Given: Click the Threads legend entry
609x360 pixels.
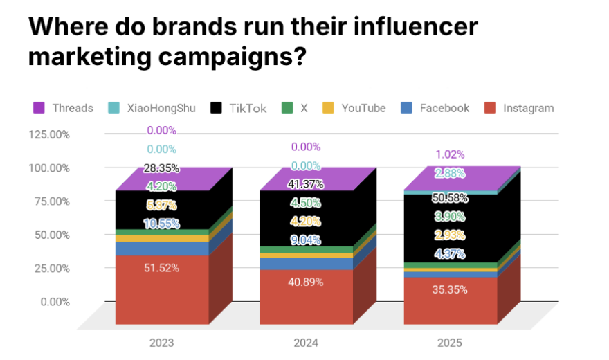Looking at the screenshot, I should (x=63, y=108).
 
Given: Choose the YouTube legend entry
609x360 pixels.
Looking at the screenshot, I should (x=354, y=108).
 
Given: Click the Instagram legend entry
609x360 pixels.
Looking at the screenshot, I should (x=520, y=108).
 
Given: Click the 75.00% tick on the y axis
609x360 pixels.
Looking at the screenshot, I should (x=51, y=201).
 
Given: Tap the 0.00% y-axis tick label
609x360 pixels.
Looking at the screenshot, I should (x=53, y=302).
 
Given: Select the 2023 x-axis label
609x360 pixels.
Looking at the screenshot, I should (x=161, y=343).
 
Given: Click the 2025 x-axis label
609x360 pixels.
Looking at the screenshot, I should (x=449, y=343).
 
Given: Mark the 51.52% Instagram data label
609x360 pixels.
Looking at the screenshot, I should (x=161, y=268).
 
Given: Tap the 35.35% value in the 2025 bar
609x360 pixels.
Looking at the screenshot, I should (x=449, y=289).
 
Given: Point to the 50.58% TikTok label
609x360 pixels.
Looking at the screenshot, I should (x=449, y=198).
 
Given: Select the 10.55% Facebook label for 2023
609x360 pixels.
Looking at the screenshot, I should (x=161, y=224).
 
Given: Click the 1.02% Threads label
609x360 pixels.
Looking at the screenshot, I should (x=449, y=154).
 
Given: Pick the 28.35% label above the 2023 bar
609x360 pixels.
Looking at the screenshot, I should (x=161, y=168).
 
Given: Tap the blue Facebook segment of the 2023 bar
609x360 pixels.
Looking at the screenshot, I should (x=161, y=249).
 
